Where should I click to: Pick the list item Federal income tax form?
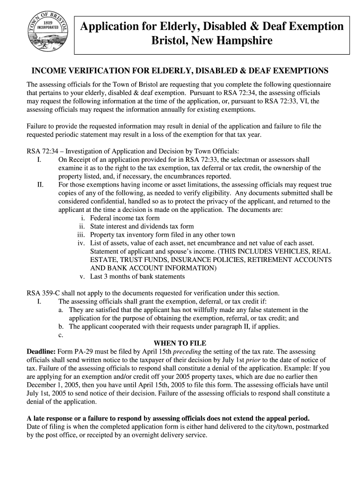pos(125,218)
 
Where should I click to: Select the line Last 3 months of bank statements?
pos(137,276)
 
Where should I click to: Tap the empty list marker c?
pos(61,335)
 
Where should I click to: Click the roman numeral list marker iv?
pos(81,243)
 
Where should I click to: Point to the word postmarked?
pos(310,427)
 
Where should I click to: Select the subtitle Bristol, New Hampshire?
pos(211,42)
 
